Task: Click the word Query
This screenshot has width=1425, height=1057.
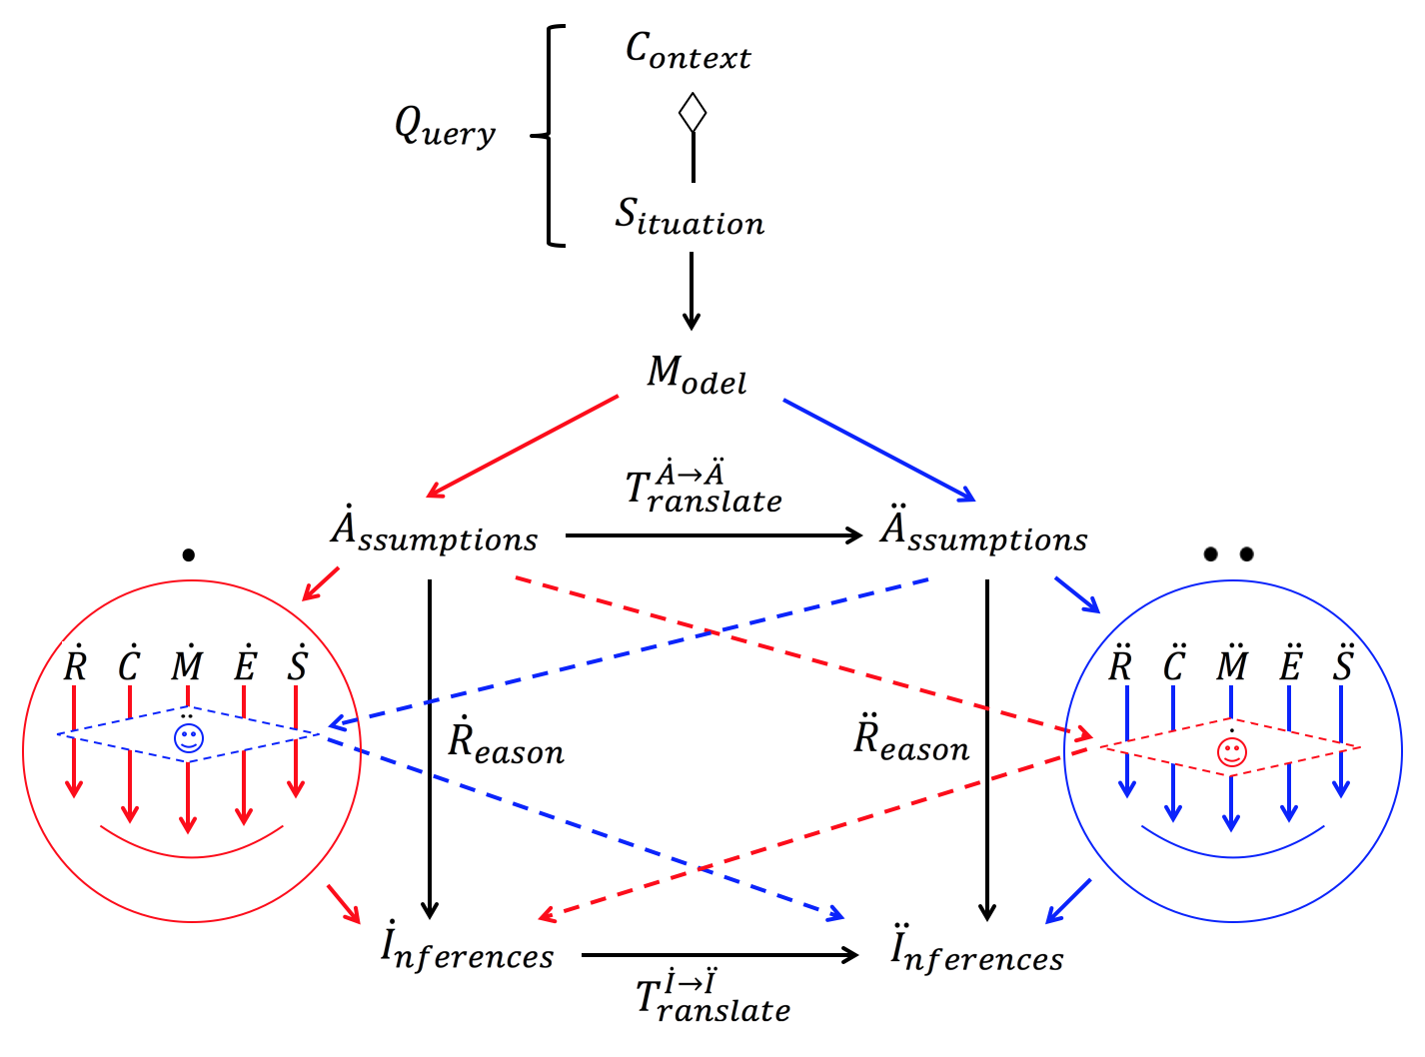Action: coord(445,128)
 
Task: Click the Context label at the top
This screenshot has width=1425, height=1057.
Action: coord(688,51)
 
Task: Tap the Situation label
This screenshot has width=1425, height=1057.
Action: coord(689,217)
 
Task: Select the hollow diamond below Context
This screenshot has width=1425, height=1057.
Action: coord(693,113)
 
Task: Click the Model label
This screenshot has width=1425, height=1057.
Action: coord(697,376)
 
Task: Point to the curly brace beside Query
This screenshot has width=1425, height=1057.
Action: coord(552,135)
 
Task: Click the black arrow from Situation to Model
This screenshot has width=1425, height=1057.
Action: coord(692,290)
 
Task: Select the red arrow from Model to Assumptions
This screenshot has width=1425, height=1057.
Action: coord(523,447)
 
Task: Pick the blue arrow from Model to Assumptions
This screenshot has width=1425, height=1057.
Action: coord(878,450)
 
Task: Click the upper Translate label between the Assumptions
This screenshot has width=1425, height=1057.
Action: coord(703,489)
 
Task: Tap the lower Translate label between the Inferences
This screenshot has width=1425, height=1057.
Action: coord(712,998)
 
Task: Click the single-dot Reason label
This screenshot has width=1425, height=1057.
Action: coord(505,743)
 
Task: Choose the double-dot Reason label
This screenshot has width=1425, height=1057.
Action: coord(910,740)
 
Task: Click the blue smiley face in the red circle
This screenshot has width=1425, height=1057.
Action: coord(189,737)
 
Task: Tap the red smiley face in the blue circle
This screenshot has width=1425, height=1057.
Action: coord(1232,751)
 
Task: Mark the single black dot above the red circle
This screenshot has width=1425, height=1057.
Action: coord(189,555)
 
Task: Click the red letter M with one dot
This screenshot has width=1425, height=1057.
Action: coord(188,664)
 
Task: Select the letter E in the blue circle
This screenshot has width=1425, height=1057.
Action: coord(1290,663)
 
